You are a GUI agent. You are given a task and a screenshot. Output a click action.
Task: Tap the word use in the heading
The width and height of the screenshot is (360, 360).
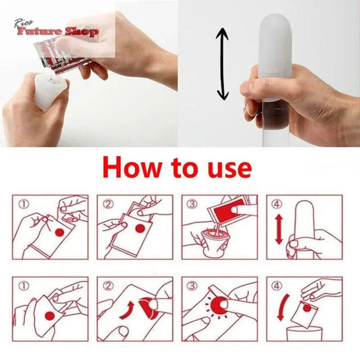tap(223, 168)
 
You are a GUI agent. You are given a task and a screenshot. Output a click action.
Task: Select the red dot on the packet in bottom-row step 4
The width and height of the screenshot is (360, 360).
tap(307, 309)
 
